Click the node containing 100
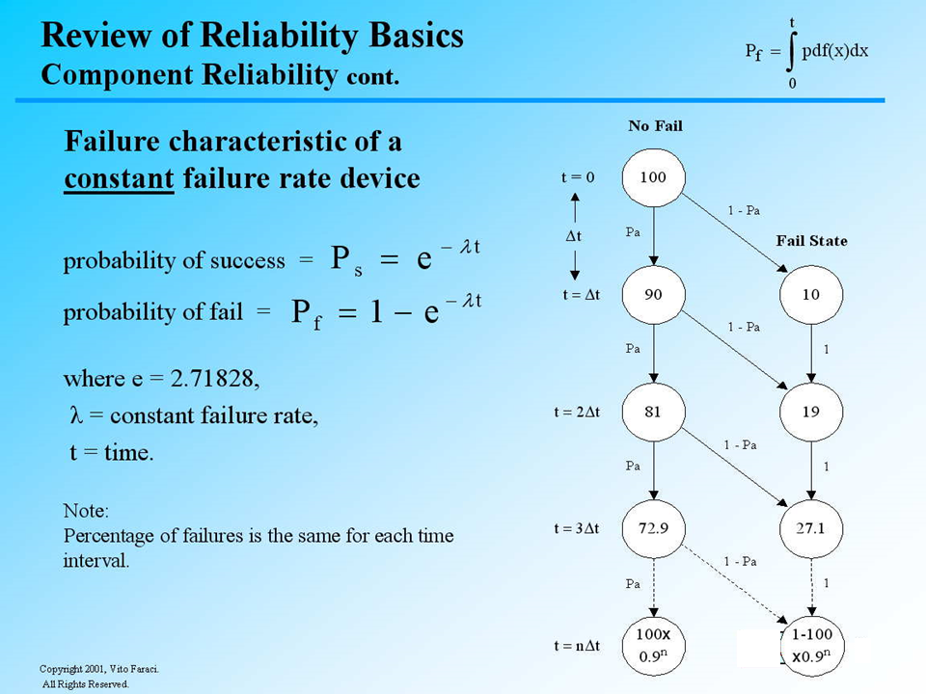(x=653, y=177)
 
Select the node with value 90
(x=653, y=295)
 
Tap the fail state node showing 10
(x=811, y=295)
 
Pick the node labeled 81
(x=653, y=412)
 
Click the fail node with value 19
(x=811, y=412)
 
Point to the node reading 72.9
(x=653, y=528)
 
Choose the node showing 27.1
(x=811, y=528)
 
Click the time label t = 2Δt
(x=577, y=412)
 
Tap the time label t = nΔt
(x=576, y=646)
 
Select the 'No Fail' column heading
(x=655, y=126)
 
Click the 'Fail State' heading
(x=811, y=241)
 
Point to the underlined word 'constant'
(x=119, y=179)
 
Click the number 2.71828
(x=213, y=379)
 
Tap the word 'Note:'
(x=86, y=509)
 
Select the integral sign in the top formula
(x=791, y=52)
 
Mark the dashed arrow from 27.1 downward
(x=811, y=587)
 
